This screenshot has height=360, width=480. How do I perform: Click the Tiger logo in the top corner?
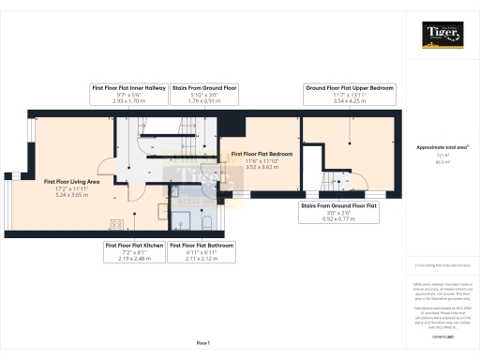[x=441, y=35]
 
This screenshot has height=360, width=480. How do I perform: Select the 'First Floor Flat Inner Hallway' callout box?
[x=128, y=92]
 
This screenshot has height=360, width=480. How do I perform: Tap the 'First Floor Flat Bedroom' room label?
[x=262, y=153]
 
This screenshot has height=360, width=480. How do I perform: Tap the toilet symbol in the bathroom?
[x=183, y=222]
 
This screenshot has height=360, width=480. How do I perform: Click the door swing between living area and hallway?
[x=134, y=190]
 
